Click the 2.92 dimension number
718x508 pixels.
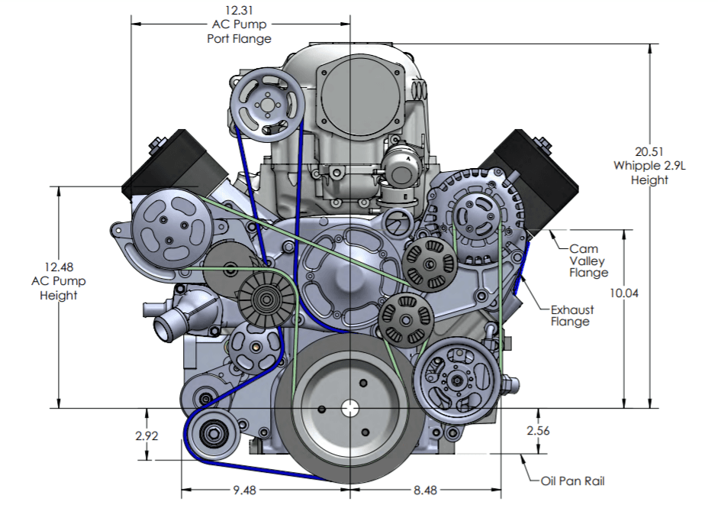coord(146,436)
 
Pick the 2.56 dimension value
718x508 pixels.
coord(538,430)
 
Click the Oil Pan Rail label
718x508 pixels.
coord(572,481)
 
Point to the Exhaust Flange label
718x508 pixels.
coord(572,315)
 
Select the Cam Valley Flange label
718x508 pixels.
coord(588,260)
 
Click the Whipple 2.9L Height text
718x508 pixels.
coord(649,173)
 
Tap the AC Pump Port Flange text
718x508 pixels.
coord(239,31)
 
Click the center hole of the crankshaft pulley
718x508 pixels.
coord(350,408)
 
